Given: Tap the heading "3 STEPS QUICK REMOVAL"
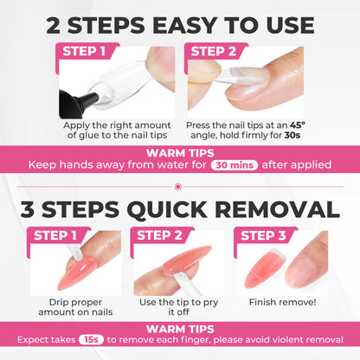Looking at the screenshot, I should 180,209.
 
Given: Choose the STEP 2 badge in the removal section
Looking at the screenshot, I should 160,235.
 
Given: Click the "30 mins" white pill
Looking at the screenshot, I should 235,164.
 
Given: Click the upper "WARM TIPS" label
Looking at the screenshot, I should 180,152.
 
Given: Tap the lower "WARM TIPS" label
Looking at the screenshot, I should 180,330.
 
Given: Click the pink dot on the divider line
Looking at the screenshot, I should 180,184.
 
